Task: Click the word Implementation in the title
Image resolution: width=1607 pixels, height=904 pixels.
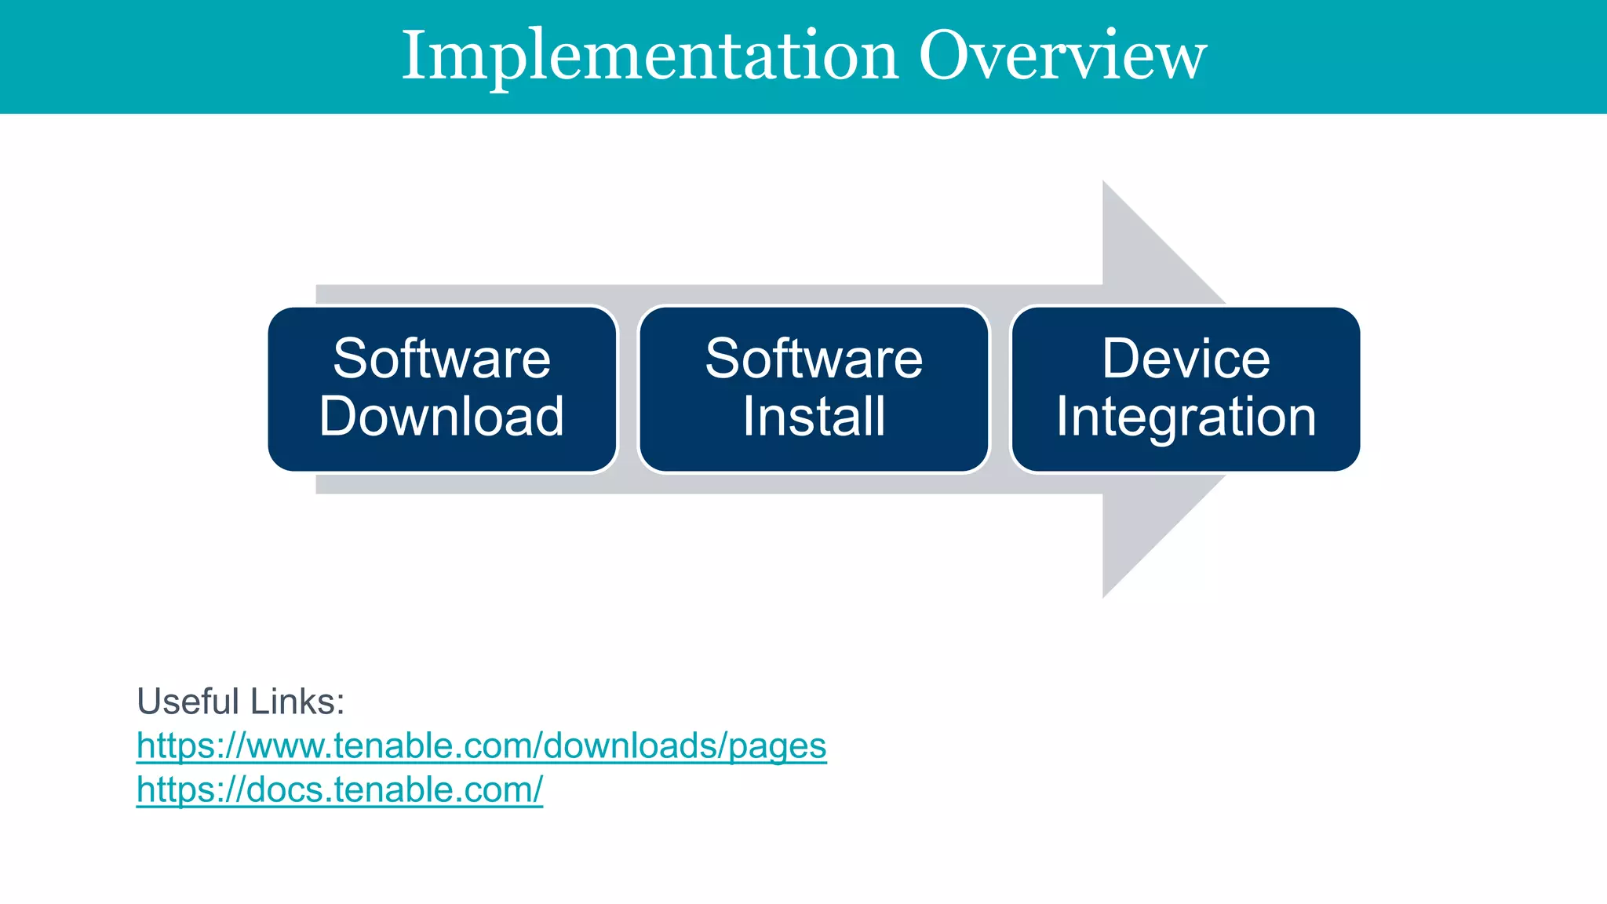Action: pyautogui.click(x=650, y=56)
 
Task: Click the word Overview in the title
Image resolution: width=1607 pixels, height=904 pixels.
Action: pyautogui.click(x=1062, y=56)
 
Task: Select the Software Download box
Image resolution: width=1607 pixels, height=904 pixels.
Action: pyautogui.click(x=442, y=389)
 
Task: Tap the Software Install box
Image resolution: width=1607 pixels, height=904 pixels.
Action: pyautogui.click(x=814, y=389)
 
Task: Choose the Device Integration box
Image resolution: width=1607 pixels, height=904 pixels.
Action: pyautogui.click(x=1186, y=389)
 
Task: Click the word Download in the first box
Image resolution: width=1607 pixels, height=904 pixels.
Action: pyautogui.click(x=442, y=417)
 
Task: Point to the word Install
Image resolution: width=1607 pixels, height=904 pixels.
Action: pyautogui.click(x=814, y=417)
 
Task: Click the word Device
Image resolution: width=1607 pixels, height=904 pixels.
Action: pyautogui.click(x=1186, y=359)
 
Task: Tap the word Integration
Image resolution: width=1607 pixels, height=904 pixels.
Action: pyautogui.click(x=1186, y=417)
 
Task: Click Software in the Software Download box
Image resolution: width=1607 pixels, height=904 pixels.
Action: pyautogui.click(x=442, y=359)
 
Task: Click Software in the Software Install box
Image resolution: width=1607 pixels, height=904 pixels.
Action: pyautogui.click(x=814, y=359)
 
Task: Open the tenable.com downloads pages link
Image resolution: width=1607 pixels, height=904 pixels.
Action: pyautogui.click(x=481, y=746)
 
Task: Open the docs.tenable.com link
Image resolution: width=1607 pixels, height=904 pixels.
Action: pyautogui.click(x=339, y=790)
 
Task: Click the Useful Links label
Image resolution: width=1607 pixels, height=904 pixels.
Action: pyautogui.click(x=240, y=702)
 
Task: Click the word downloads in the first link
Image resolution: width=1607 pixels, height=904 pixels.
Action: pyautogui.click(x=630, y=746)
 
